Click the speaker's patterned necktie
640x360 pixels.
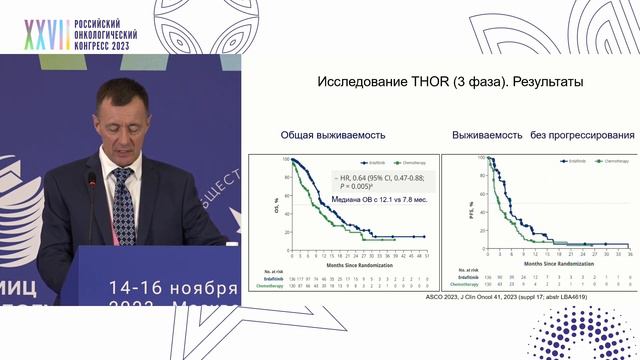coord(123,204)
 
